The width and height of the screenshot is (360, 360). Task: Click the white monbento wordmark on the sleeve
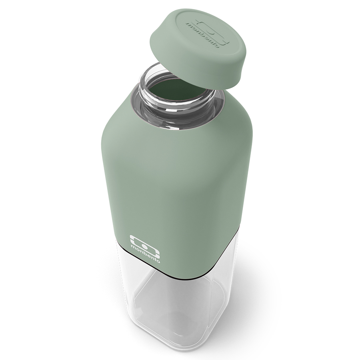[145, 254]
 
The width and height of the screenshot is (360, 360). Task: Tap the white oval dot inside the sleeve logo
[144, 246]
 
